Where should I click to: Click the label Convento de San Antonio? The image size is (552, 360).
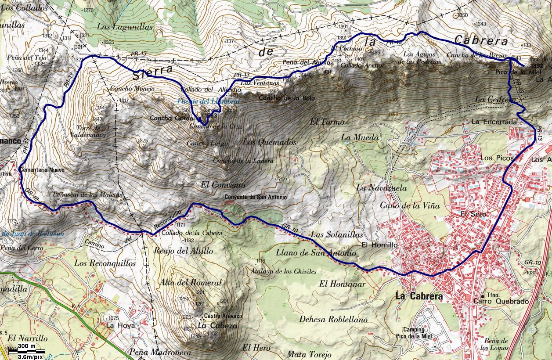(255, 197)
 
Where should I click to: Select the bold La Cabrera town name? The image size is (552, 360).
(419, 296)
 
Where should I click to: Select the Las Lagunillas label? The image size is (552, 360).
(125, 27)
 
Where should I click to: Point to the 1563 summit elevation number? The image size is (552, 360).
(211, 115)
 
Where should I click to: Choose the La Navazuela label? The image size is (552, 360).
(381, 187)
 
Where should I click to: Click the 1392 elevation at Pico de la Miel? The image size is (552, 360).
(537, 66)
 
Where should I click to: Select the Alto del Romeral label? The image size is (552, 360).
(191, 283)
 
